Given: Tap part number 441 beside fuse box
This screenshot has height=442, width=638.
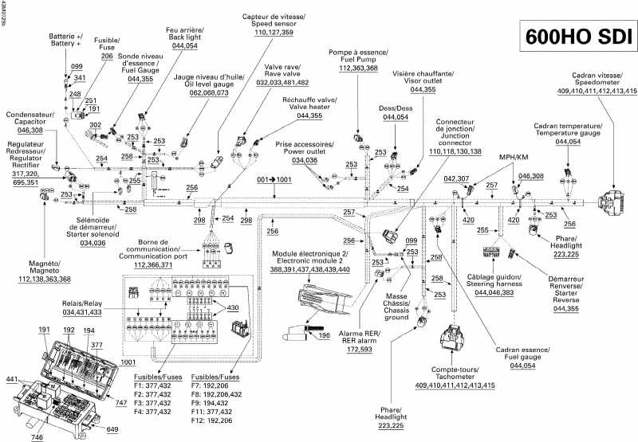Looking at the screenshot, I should [11, 379].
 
